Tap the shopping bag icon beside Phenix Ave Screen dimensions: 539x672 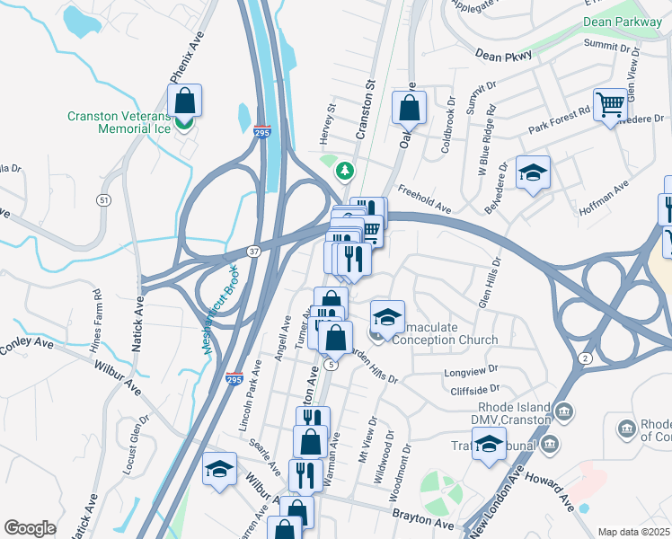[x=184, y=100]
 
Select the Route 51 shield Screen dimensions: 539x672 [x=105, y=199]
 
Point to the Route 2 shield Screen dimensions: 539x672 [x=585, y=358]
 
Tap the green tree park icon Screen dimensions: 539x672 [x=343, y=169]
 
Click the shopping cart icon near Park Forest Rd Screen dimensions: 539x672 [x=610, y=104]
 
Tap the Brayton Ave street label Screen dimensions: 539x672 [x=424, y=519]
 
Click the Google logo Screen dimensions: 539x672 [x=29, y=527]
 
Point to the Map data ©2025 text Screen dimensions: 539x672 [x=632, y=532]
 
